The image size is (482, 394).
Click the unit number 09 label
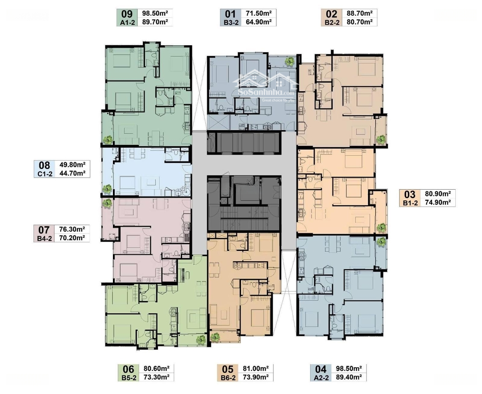point(127,14)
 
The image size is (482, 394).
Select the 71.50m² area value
point(258,13)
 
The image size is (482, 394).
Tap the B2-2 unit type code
point(331,22)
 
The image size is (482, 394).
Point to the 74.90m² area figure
point(438,203)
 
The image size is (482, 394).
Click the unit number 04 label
point(320,369)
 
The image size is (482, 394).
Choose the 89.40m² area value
point(349,377)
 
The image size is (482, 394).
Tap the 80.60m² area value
point(157,369)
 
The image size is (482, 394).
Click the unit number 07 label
point(44,230)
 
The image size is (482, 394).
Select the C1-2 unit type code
point(45,174)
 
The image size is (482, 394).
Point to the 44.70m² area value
point(73,174)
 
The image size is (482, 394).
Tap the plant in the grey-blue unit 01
point(290,62)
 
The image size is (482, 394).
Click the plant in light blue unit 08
point(107,189)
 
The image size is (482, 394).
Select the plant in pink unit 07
point(107,203)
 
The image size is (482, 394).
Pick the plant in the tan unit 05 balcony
point(215,337)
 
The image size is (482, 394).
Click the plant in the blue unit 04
point(381,242)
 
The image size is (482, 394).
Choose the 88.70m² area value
point(360,13)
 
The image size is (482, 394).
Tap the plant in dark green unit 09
point(108,140)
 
